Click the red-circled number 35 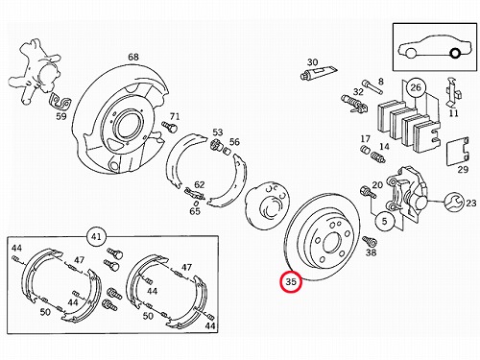point(291,282)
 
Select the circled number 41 point(96,237)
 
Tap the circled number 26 point(416,87)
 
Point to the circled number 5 point(385,221)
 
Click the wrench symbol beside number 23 point(454,202)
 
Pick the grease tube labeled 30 point(318,72)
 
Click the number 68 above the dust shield point(133,57)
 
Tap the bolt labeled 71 point(170,127)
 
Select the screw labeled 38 point(370,241)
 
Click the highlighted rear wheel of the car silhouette point(455,53)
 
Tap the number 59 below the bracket point(61,116)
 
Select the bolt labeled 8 point(372,87)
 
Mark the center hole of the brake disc point(331,244)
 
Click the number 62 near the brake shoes point(199,185)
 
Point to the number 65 point(195,211)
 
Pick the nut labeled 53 point(216,146)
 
